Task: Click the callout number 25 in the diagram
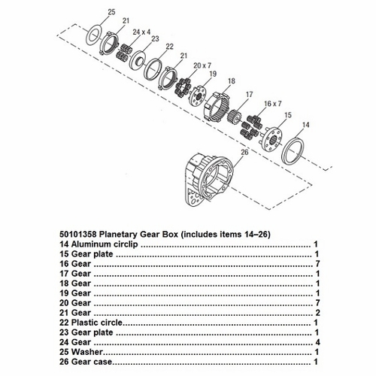(x=111, y=12)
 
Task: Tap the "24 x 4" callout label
(x=141, y=32)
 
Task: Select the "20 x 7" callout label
(x=202, y=65)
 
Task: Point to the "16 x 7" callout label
(x=273, y=104)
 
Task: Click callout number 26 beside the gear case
(x=244, y=152)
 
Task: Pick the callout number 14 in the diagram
(x=306, y=125)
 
